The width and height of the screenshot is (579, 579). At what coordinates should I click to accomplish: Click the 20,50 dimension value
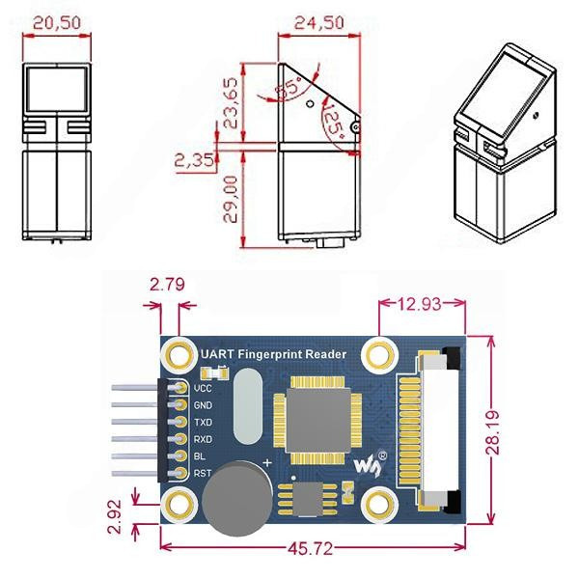(57, 23)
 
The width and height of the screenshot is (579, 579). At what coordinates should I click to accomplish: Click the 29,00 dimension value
(232, 199)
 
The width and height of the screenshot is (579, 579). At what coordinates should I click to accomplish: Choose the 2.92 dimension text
(116, 517)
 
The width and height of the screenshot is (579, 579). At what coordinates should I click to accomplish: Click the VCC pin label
(203, 387)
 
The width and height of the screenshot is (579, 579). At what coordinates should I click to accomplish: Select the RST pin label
(203, 473)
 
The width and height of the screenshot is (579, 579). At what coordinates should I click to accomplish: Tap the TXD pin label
(203, 422)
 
